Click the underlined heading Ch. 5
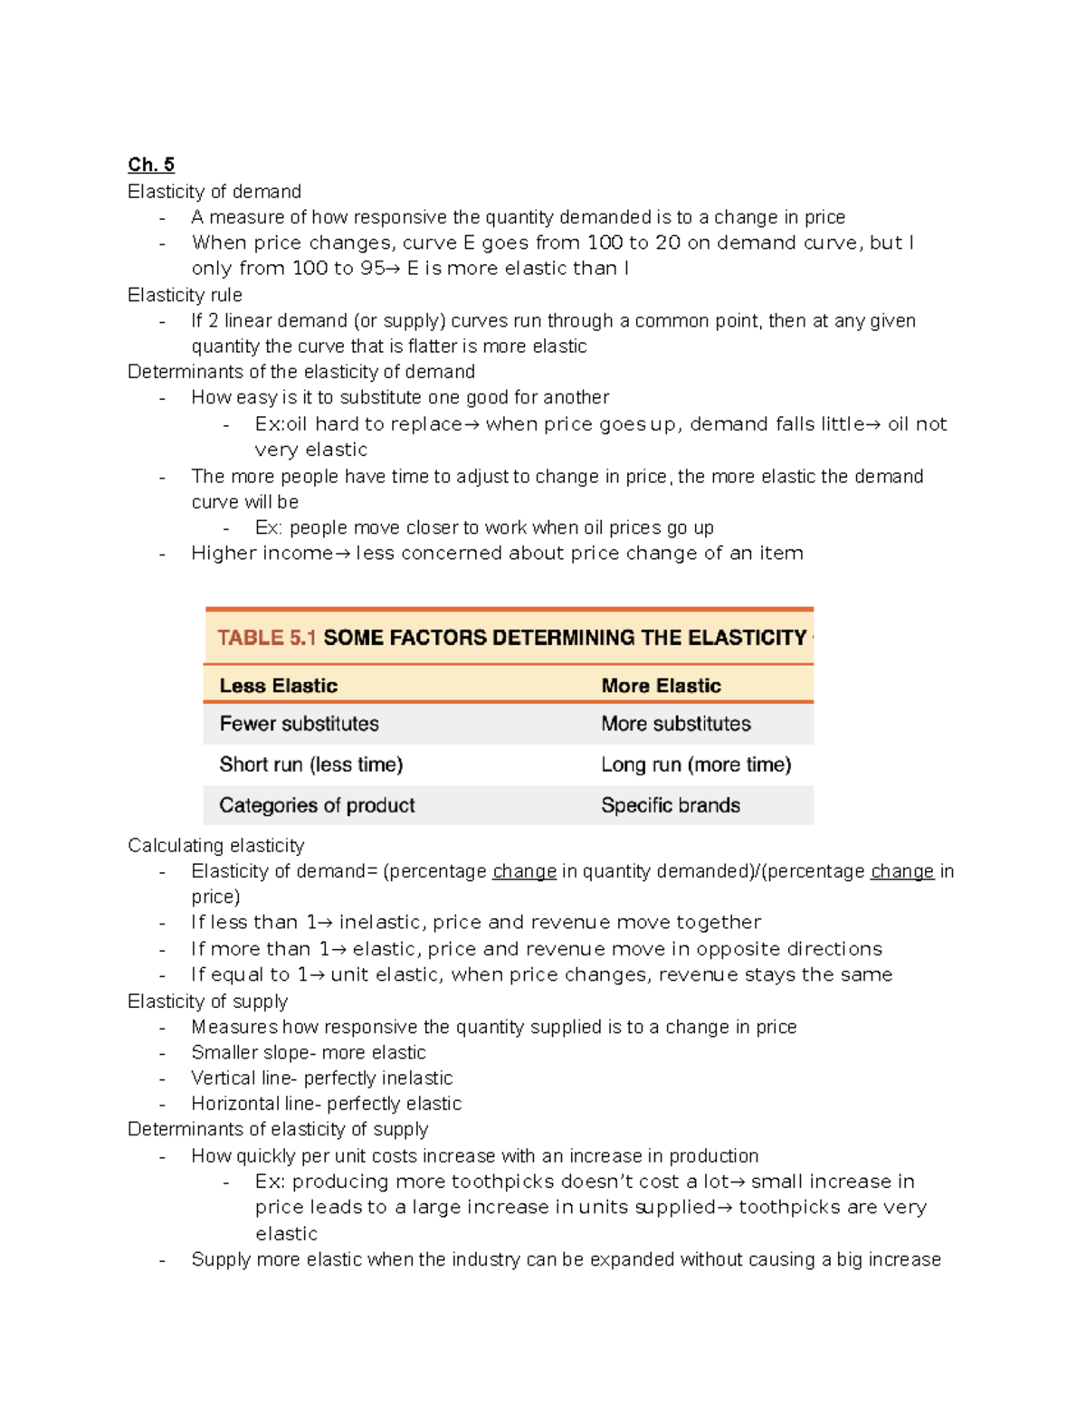(150, 165)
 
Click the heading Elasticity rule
(185, 295)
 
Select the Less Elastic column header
(278, 686)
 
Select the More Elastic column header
(661, 686)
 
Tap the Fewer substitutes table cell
(299, 724)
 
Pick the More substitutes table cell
(675, 724)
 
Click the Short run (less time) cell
(310, 764)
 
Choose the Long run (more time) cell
(695, 764)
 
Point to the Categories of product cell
(317, 805)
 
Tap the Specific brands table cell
(670, 805)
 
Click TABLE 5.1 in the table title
(266, 638)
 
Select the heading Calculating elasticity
(215, 845)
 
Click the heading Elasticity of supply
(207, 1001)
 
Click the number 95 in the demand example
(371, 269)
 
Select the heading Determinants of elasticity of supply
(277, 1129)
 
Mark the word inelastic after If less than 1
(380, 922)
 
